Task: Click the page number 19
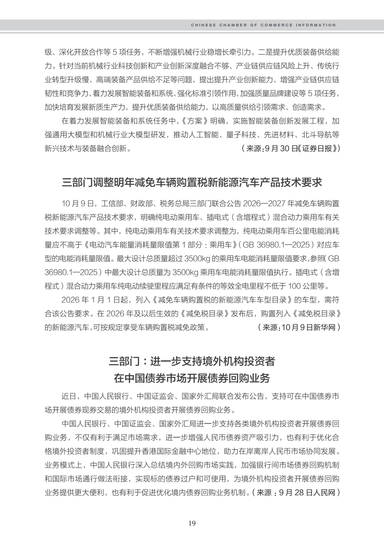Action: (x=192, y=523)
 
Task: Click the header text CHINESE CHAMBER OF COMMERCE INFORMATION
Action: (x=263, y=25)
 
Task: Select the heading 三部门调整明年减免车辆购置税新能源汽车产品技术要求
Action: (x=192, y=183)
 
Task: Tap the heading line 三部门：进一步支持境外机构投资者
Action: (x=192, y=361)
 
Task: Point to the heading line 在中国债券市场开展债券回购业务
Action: (x=192, y=378)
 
